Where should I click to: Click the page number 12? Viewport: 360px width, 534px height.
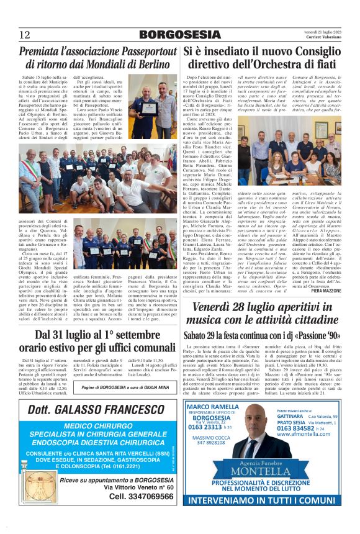point(25,34)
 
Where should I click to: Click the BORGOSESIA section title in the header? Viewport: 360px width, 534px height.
point(179,34)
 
